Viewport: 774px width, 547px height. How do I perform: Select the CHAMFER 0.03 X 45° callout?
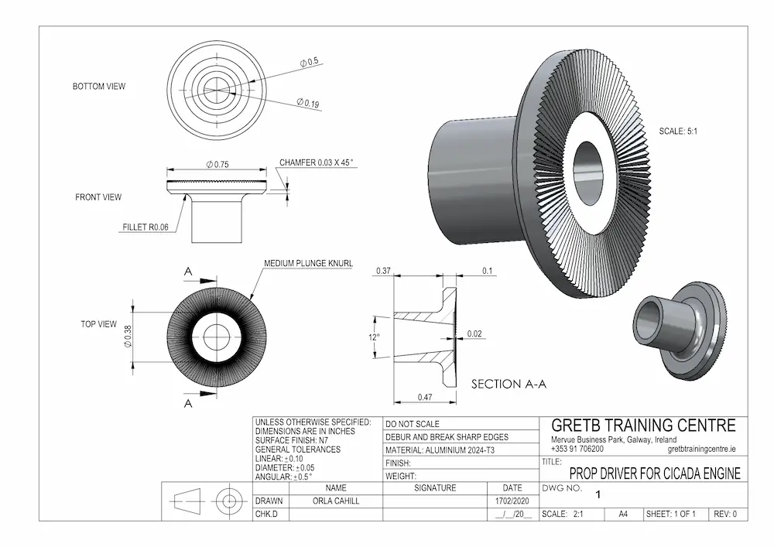click(x=316, y=162)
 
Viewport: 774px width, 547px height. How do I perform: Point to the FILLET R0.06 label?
click(x=145, y=227)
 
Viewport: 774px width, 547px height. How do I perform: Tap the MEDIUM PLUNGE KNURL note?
click(x=308, y=263)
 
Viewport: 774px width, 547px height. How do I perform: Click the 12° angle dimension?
click(x=374, y=337)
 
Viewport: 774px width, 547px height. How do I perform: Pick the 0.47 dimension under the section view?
click(x=425, y=396)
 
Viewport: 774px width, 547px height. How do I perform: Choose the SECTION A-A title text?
click(x=507, y=383)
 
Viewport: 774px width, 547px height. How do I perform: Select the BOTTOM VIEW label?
click(x=98, y=87)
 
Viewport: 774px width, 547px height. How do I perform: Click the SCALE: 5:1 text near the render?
click(x=679, y=132)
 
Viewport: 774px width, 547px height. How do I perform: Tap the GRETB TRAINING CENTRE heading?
click(x=643, y=426)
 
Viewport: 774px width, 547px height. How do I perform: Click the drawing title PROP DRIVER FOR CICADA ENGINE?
click(x=655, y=473)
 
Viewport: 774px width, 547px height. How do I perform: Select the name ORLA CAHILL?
click(x=335, y=501)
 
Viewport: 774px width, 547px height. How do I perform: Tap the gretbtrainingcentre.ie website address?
click(x=700, y=449)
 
